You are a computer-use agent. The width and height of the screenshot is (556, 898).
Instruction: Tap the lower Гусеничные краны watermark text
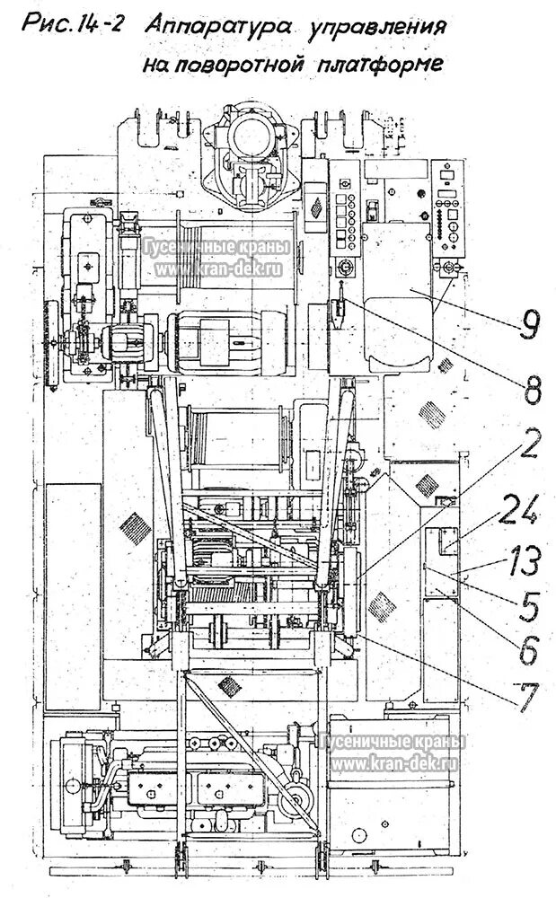pyautogui.click(x=393, y=743)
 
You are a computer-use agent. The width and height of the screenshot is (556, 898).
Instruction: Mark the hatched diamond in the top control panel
pyautogui.click(x=316, y=207)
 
